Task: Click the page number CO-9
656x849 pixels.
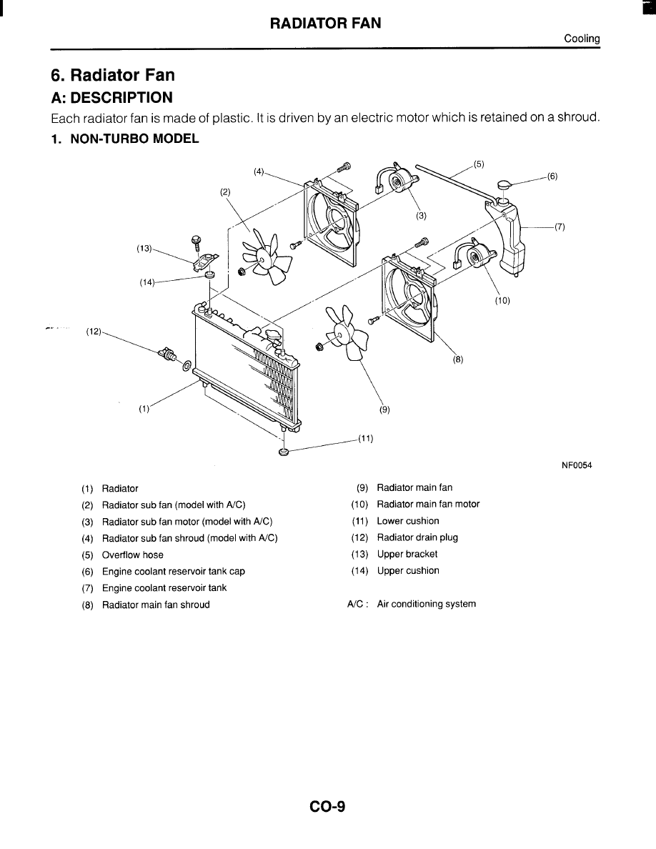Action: pos(328,807)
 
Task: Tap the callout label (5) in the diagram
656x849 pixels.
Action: pos(478,163)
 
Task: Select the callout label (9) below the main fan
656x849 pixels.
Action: pos(384,410)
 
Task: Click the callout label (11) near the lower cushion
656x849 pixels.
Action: pos(365,439)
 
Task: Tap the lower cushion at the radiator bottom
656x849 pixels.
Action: pos(284,452)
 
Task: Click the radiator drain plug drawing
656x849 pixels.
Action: pos(171,355)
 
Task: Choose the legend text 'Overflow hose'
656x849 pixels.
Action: pos(132,555)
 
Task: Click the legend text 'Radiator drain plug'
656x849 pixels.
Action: pos(417,537)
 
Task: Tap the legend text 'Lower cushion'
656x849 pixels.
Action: pos(408,521)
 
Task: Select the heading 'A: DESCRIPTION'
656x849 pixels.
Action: pos(111,97)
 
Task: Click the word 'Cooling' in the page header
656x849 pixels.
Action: pos(582,39)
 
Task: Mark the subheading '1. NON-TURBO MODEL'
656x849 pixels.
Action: pos(124,138)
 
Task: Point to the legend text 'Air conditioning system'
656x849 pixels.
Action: pos(426,604)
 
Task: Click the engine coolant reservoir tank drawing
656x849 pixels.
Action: pos(511,236)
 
